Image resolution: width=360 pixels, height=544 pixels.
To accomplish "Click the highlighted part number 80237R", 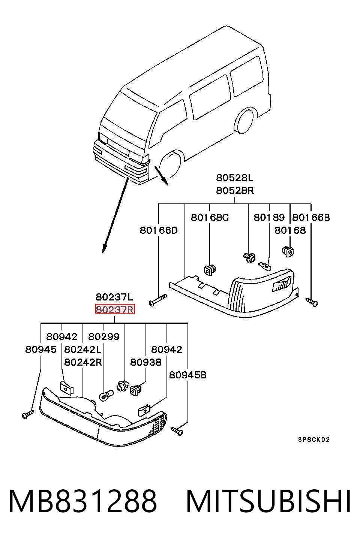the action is pos(115,309).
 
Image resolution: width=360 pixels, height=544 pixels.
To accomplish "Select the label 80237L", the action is pos(114,297).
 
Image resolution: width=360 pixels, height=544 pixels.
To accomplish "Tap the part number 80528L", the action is pos(235,178).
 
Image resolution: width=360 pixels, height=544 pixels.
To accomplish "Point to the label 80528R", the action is pos(235,190).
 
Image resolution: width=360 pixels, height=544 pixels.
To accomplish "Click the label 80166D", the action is pos(159,230).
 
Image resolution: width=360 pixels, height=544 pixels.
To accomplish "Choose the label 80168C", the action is pos(210,217).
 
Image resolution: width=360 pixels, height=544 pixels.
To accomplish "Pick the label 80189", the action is pos(269,217).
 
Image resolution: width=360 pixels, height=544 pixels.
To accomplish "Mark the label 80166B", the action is pos(311,217).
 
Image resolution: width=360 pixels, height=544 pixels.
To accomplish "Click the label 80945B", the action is pos(187,375).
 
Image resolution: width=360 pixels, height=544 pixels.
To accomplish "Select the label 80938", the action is pos(146,362).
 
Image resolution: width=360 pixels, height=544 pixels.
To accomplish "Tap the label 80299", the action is pos(104,336).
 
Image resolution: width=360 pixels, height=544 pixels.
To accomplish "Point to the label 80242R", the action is pos(83,362).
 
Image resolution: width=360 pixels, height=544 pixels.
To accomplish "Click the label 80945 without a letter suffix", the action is pos(41,350).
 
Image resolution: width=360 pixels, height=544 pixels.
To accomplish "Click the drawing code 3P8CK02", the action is pos(314,439).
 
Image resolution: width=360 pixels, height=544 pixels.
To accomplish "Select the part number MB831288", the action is pos(82,502).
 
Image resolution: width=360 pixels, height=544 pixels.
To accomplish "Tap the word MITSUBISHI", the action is pos(268,502).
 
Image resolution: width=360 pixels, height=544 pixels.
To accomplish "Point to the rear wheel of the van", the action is pos(244,121).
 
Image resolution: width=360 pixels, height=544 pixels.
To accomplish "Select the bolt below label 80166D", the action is pos(158,300).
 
